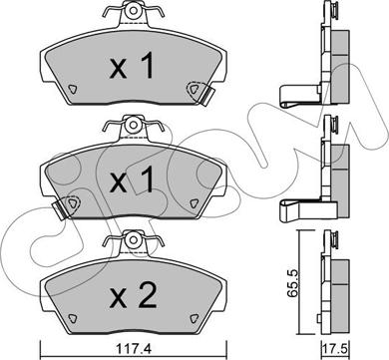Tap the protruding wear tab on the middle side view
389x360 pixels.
[x=295, y=207]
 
